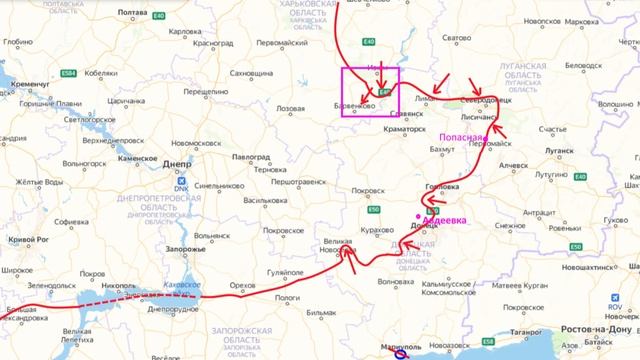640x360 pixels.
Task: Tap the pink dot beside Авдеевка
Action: click(x=417, y=216)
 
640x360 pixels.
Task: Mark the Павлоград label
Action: click(x=251, y=157)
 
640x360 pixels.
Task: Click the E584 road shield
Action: click(x=68, y=74)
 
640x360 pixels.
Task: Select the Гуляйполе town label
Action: click(x=270, y=271)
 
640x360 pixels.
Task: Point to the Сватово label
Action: click(x=456, y=38)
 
